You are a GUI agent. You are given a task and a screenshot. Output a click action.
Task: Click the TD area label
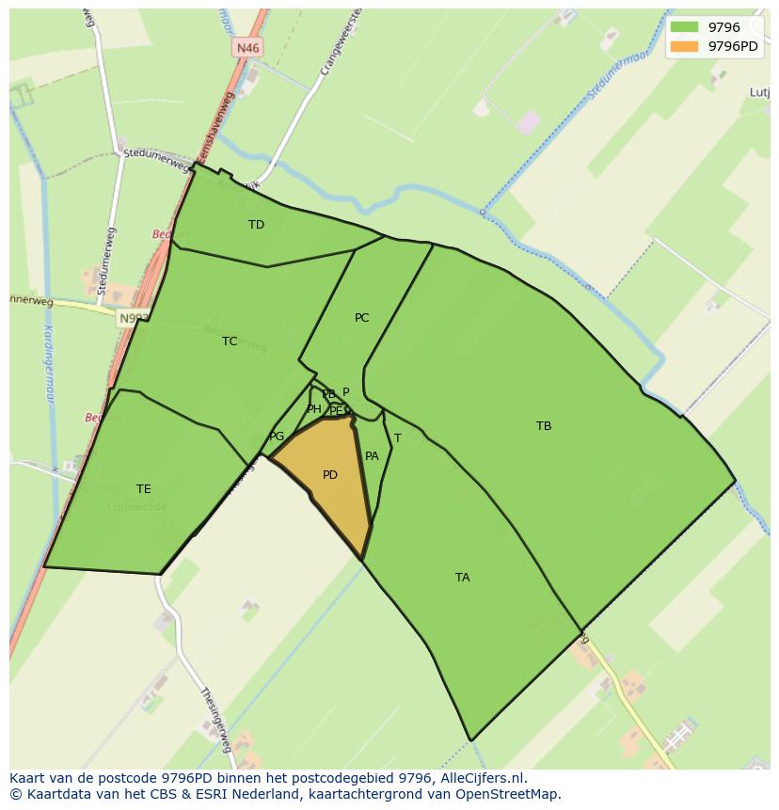pyautogui.click(x=256, y=225)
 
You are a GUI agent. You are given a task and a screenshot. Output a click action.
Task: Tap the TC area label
pyautogui.click(x=230, y=341)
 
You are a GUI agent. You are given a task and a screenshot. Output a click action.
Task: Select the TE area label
pyautogui.click(x=143, y=489)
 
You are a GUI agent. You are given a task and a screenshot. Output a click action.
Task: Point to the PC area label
pyautogui.click(x=361, y=318)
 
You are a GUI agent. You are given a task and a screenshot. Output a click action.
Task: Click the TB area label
pyautogui.click(x=544, y=426)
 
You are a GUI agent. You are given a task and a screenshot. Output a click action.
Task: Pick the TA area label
pyautogui.click(x=462, y=578)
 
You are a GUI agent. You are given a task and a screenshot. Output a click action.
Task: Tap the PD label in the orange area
pyautogui.click(x=329, y=475)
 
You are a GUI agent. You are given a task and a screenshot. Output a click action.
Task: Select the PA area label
pyautogui.click(x=372, y=456)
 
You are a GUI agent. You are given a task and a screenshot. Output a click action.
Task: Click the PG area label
pyautogui.click(x=277, y=437)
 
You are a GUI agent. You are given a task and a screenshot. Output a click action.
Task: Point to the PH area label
pyautogui.click(x=313, y=409)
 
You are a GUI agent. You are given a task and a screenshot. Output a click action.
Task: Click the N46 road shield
pyautogui.click(x=247, y=48)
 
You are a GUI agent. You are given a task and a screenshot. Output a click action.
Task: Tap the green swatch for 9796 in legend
pyautogui.click(x=684, y=27)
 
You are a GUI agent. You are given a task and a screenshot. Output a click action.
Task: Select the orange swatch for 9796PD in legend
pyautogui.click(x=684, y=46)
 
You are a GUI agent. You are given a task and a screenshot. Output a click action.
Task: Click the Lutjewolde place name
pyautogui.click(x=137, y=507)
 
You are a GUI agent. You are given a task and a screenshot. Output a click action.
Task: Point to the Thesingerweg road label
pyautogui.click(x=215, y=720)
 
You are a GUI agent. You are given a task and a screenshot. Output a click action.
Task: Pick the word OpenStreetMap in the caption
pyautogui.click(x=511, y=794)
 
